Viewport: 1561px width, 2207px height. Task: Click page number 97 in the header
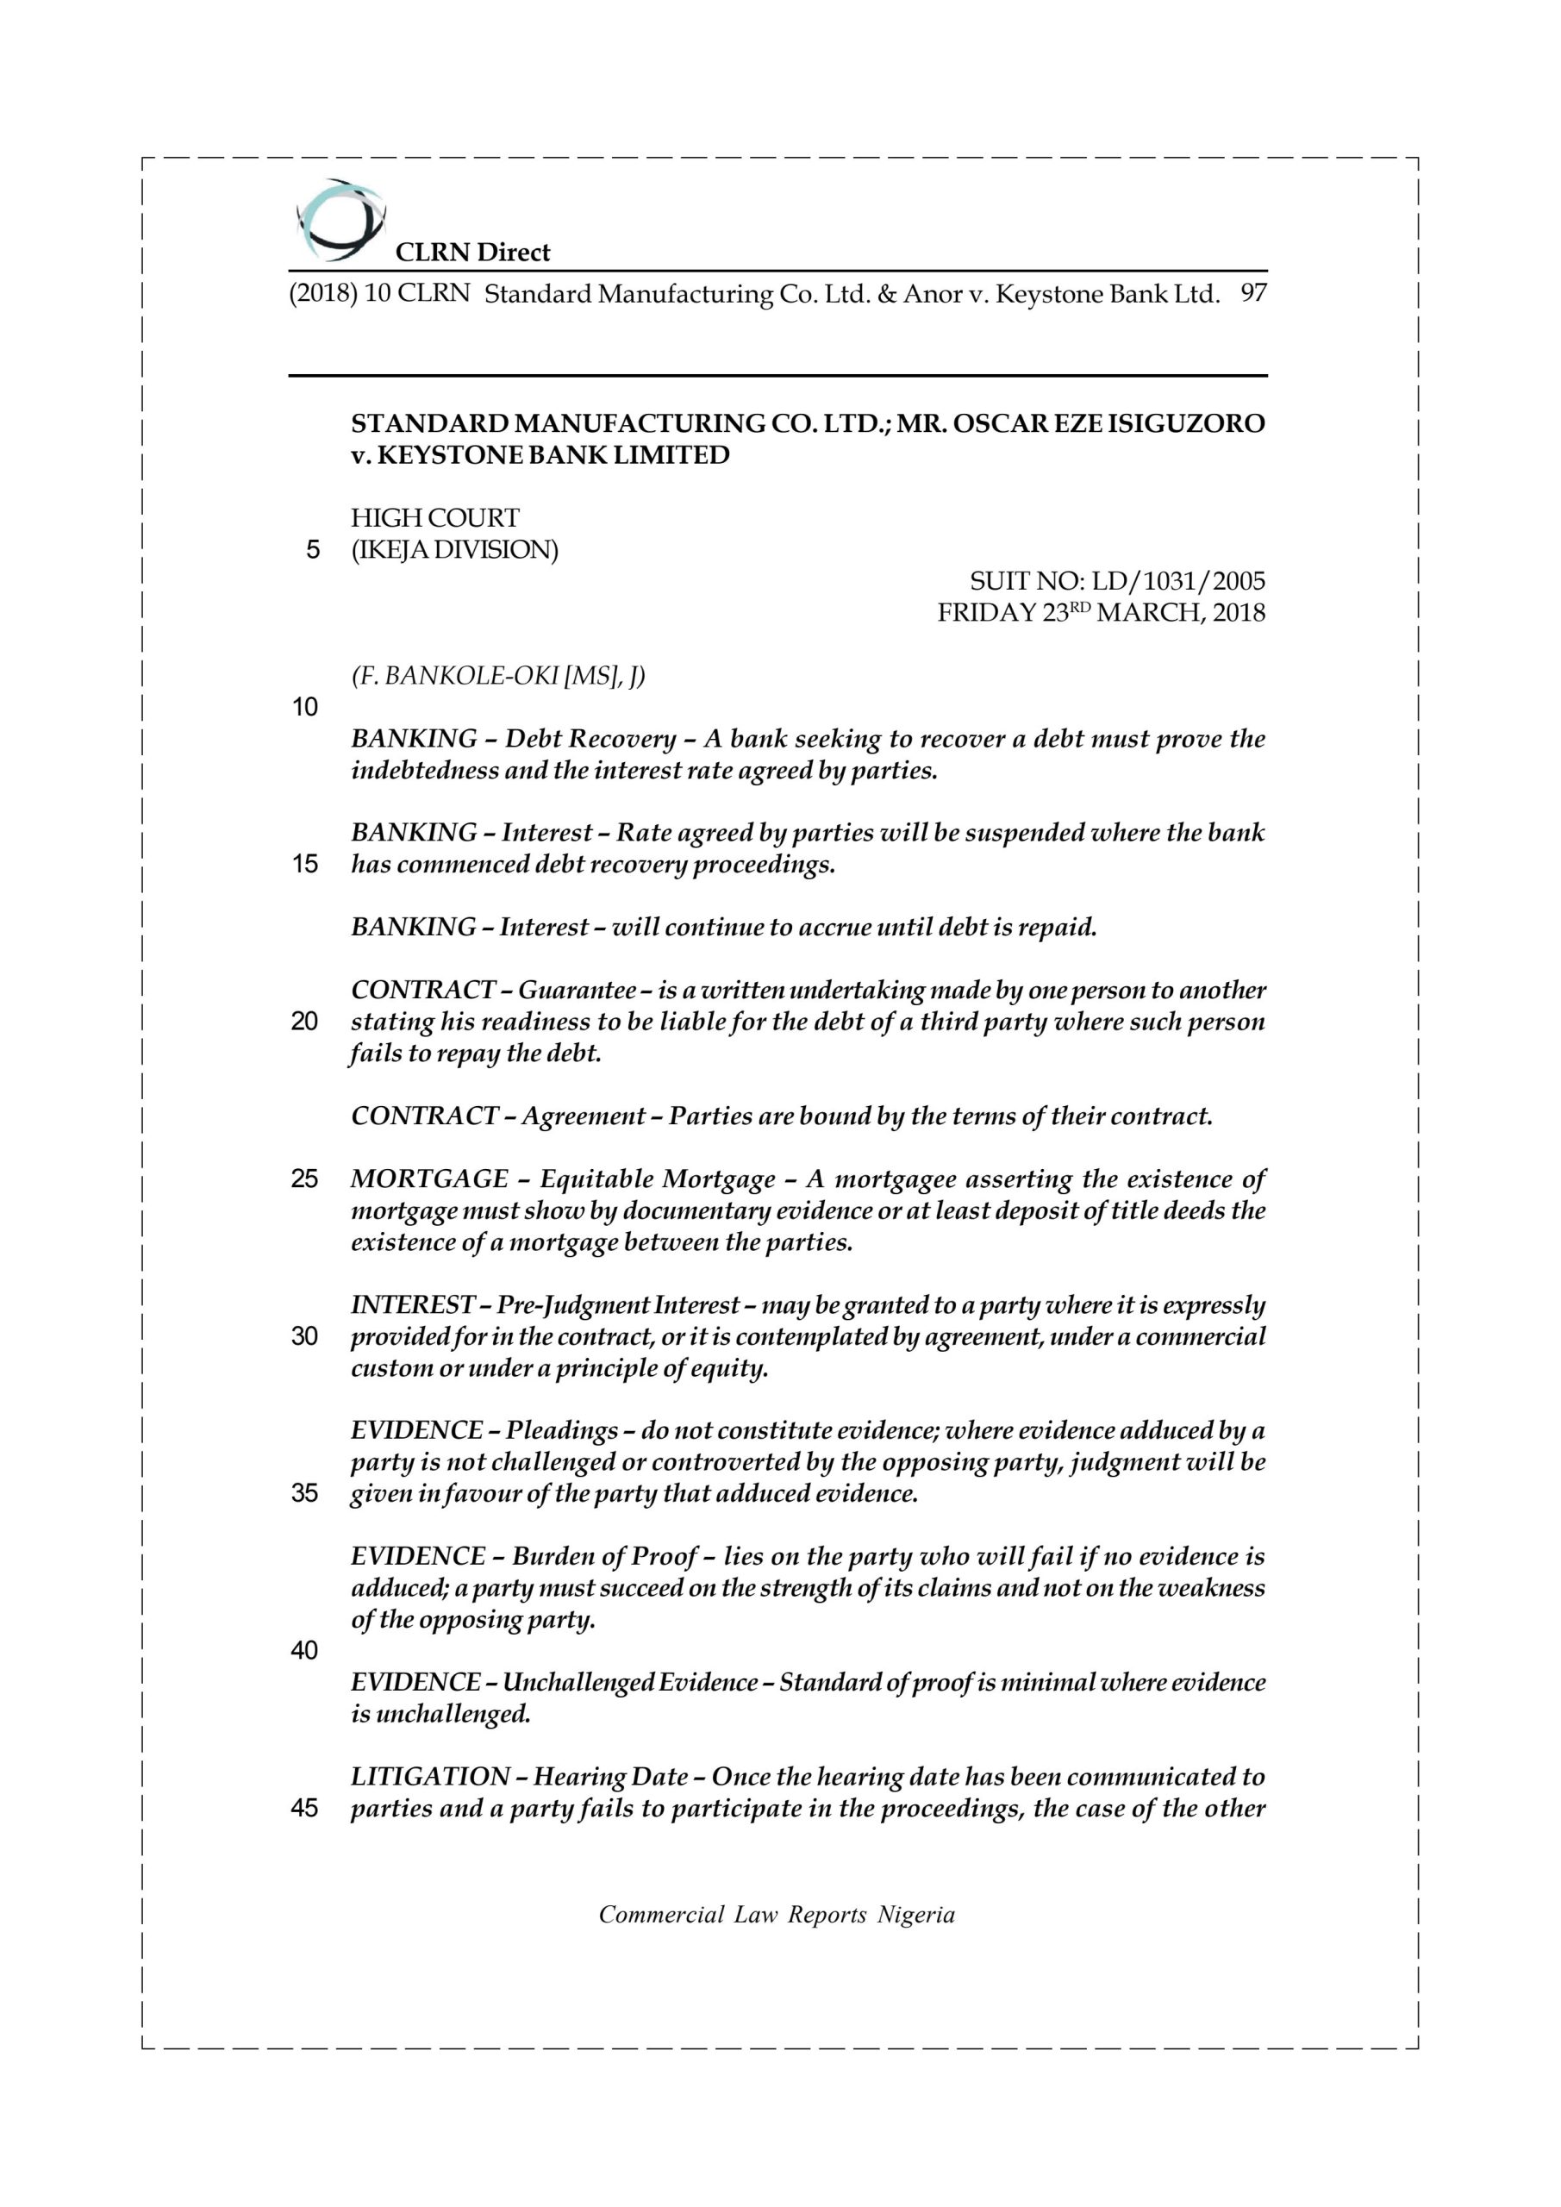1253,293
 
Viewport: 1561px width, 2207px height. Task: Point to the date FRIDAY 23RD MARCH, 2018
1102,613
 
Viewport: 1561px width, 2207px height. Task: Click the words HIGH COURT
434,518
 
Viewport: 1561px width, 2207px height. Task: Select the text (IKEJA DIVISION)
453,550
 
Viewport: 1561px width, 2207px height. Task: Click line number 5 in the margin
312,550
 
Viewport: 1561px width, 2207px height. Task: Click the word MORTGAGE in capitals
429,1179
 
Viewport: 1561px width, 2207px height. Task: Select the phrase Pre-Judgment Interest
618,1305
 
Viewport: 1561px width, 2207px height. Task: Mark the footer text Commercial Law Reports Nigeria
777,1915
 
